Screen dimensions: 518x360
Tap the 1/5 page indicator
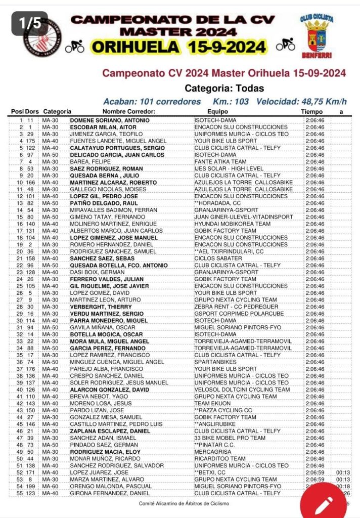click(30, 23)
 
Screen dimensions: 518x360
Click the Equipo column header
click(218, 111)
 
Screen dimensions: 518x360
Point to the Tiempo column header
click(311, 111)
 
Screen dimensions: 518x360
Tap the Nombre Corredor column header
click(128, 111)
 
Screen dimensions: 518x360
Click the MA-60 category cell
click(50, 486)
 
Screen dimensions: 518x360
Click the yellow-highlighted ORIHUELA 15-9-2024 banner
click(178, 47)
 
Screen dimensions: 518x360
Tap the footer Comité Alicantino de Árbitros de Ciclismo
click(184, 503)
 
